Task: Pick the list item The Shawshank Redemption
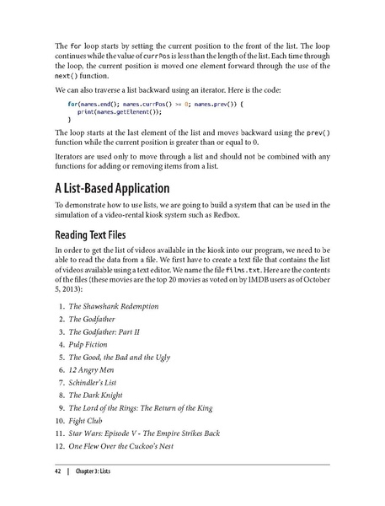[114, 305]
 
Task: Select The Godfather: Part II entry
[104, 332]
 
